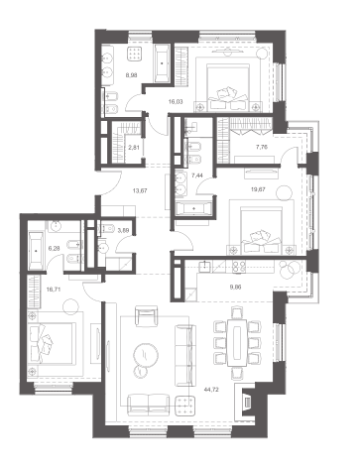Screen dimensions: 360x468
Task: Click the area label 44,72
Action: (211, 390)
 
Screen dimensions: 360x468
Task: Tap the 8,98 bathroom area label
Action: (132, 75)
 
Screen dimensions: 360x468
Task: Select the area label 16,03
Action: (176, 102)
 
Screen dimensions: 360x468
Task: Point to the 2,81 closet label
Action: (134, 148)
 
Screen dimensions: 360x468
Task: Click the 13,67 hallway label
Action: (140, 190)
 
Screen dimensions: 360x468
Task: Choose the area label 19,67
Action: (258, 189)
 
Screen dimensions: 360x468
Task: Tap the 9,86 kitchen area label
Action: (235, 287)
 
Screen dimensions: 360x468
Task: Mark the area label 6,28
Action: (55, 248)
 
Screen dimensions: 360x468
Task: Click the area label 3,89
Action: (123, 230)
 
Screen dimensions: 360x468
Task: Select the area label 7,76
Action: (262, 147)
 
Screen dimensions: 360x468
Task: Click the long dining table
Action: (237, 343)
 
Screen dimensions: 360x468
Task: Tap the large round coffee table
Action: (146, 355)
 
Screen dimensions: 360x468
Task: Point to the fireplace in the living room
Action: (246, 400)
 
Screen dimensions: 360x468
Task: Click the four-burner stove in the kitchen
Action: (239, 267)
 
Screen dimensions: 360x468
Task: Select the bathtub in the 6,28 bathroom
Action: (36, 251)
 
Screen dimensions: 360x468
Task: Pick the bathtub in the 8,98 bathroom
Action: (162, 63)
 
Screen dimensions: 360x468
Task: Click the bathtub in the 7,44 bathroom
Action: (194, 209)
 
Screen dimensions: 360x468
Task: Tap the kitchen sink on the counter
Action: (205, 266)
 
